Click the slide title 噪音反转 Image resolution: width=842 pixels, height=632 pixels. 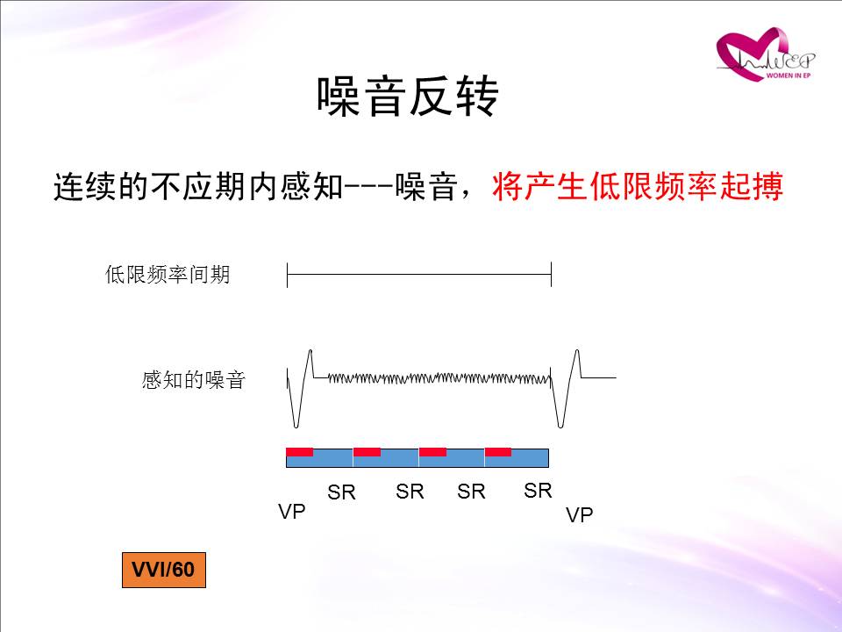[x=408, y=96]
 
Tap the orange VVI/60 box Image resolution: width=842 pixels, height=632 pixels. [x=164, y=570]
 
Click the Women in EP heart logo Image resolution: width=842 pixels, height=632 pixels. [x=765, y=54]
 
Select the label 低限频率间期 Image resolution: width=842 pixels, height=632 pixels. [x=168, y=274]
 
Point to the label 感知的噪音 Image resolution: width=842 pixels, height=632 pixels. [x=193, y=380]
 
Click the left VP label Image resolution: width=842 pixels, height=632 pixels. [x=291, y=511]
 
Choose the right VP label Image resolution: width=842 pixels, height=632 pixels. [x=580, y=515]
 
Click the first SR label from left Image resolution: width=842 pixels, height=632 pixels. [x=341, y=492]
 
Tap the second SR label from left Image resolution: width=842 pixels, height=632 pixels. [x=410, y=491]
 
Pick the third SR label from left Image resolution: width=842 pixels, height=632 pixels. [x=472, y=491]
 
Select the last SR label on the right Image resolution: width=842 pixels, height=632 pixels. [x=538, y=490]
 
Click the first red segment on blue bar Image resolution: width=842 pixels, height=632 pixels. [x=300, y=452]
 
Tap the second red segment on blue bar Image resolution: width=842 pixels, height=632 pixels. [x=367, y=452]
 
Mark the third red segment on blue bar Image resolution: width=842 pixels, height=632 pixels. [x=432, y=452]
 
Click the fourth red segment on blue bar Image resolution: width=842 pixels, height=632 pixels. [x=498, y=452]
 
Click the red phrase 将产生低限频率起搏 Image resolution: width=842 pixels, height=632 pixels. [x=638, y=186]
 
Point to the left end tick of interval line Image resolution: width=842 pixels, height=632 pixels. [x=288, y=275]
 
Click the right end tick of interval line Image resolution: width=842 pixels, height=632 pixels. [x=552, y=275]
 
